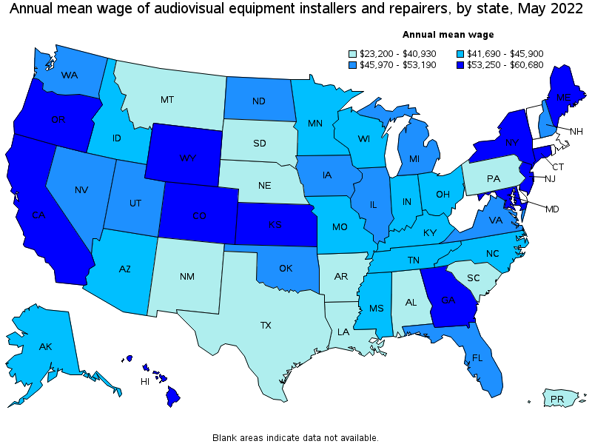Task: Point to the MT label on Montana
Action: (x=167, y=99)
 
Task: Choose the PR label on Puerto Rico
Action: (x=557, y=400)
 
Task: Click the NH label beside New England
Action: (x=576, y=131)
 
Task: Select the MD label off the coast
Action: (x=552, y=209)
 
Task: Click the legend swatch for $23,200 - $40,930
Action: (x=354, y=53)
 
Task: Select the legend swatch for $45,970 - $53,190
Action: (x=354, y=65)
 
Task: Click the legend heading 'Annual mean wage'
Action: (x=448, y=35)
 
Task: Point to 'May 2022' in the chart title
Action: (x=544, y=10)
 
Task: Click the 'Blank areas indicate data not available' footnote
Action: (x=295, y=437)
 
